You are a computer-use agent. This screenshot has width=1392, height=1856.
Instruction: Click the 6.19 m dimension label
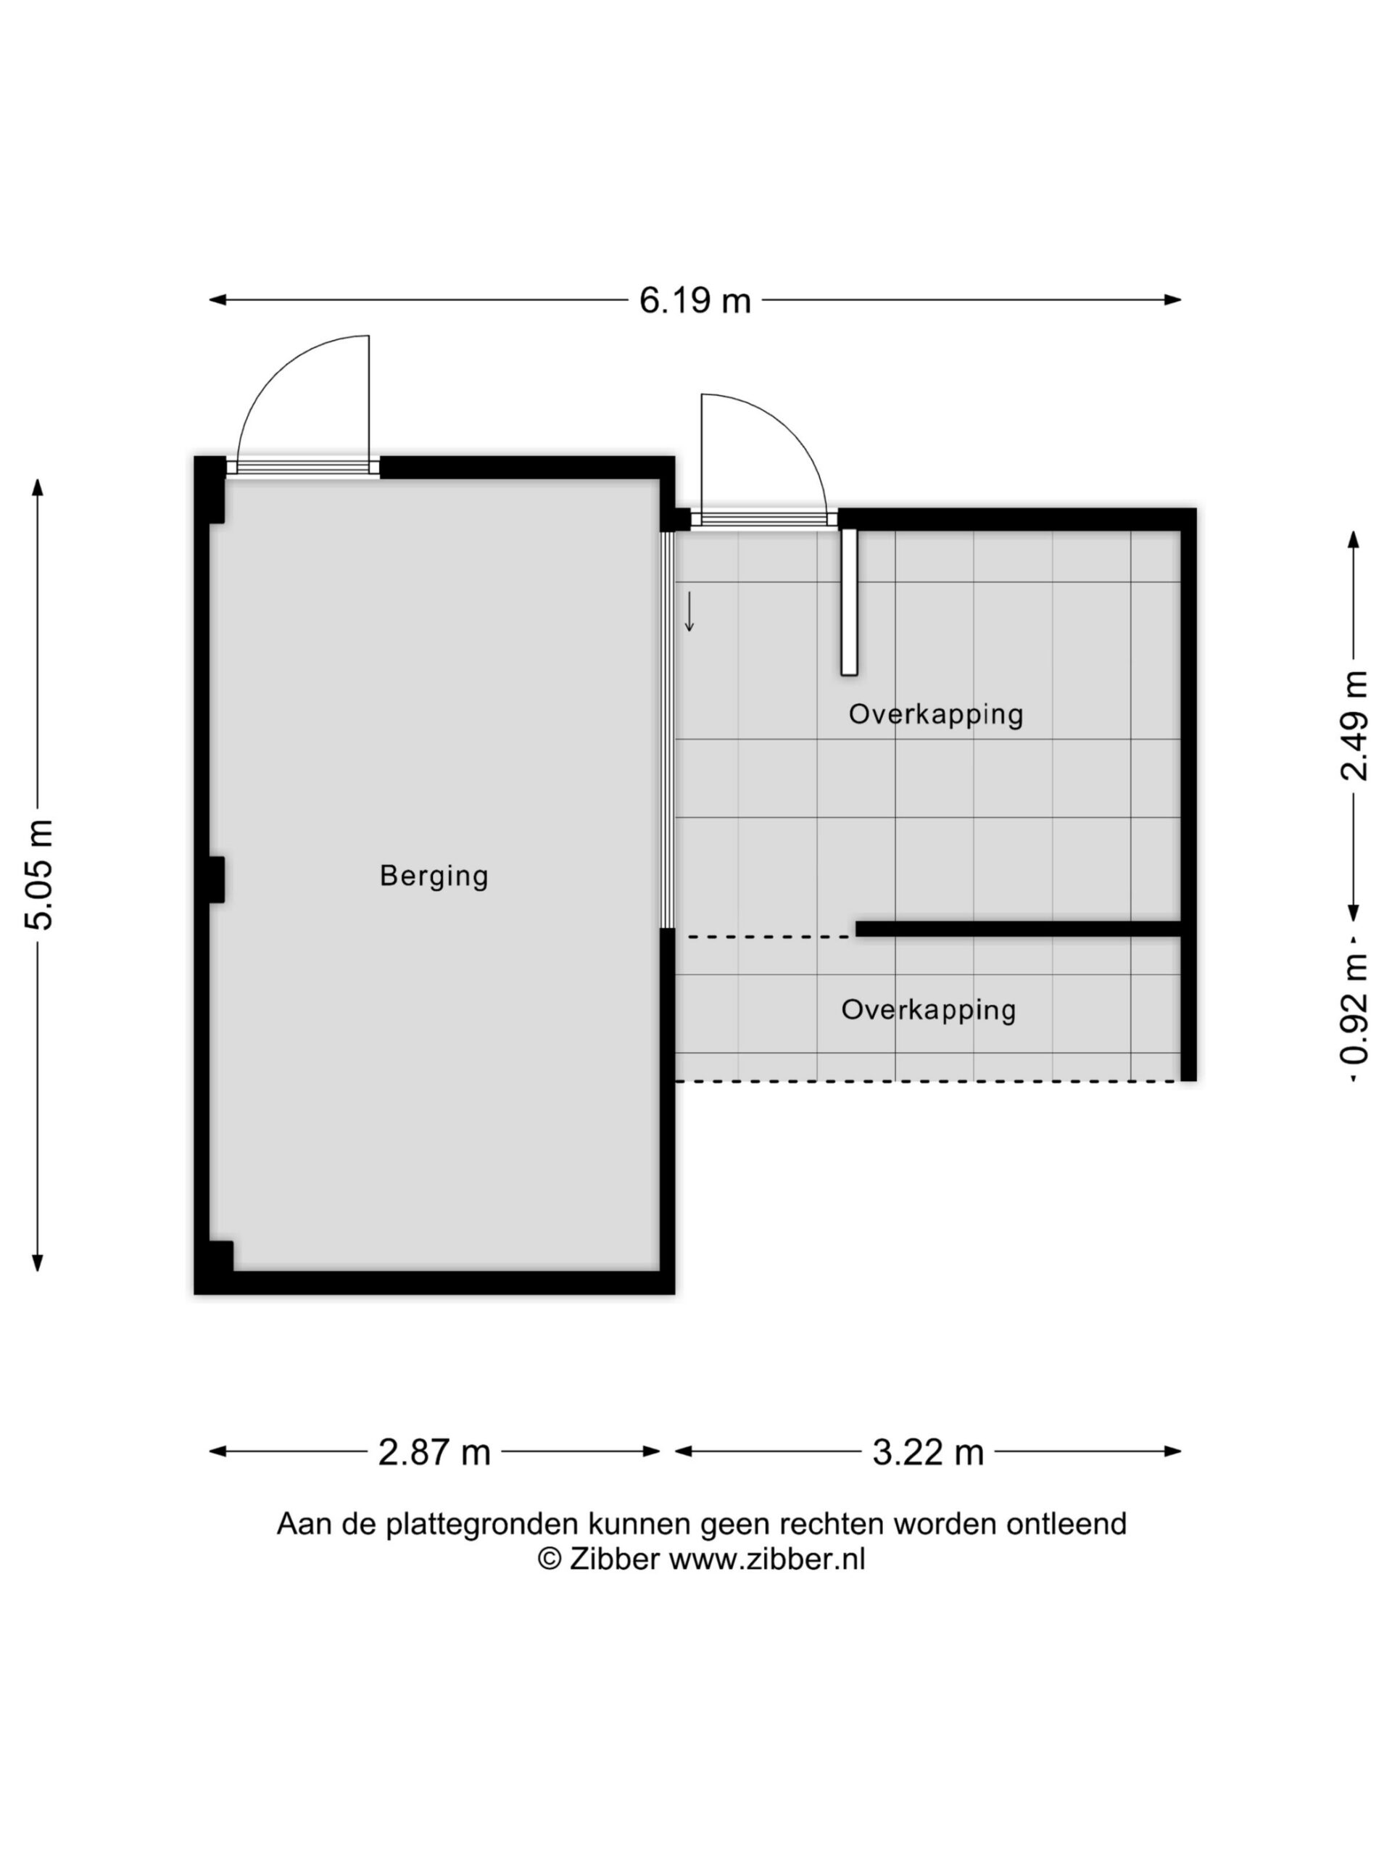[695, 299]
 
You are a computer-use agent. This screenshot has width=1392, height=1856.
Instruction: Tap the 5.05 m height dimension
[39, 874]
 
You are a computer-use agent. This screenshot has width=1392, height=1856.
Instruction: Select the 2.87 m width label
[434, 1452]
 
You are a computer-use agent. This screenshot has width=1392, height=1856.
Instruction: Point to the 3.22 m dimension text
[928, 1452]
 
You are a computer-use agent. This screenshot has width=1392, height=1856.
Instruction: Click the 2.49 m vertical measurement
[1354, 726]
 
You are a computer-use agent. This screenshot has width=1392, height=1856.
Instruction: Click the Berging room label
[434, 876]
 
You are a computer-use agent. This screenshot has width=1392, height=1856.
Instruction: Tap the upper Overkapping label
[935, 715]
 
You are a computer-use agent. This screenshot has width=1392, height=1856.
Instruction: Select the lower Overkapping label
[929, 1009]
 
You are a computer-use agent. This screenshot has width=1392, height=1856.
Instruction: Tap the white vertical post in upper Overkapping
[849, 602]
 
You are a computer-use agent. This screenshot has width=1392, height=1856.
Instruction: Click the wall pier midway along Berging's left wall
[217, 879]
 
